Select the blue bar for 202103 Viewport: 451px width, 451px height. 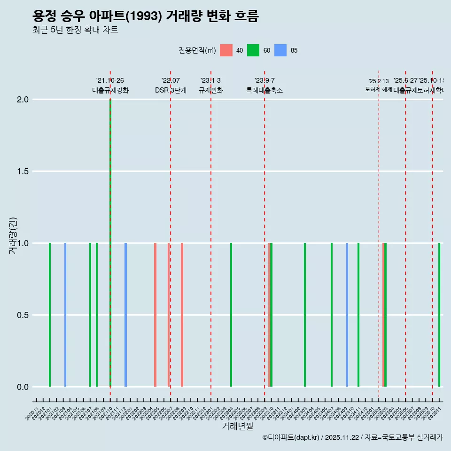click(65, 315)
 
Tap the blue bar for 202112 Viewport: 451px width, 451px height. click(125, 315)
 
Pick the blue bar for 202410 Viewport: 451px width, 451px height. click(347, 315)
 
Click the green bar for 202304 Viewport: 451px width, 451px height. click(231, 315)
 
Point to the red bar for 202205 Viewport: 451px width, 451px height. click(155, 315)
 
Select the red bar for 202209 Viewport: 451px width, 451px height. click(182, 315)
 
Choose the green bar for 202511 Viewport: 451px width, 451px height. click(439, 315)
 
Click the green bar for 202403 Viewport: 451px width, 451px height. click(305, 315)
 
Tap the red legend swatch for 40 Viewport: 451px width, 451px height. click(226, 50)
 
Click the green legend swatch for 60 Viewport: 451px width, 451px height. click(253, 50)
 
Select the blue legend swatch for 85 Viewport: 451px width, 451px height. click(280, 50)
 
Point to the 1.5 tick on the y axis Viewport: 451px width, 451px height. click(22, 171)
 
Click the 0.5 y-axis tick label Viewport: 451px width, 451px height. click(22, 315)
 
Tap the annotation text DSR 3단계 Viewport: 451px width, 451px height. click(171, 91)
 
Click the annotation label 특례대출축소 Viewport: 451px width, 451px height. click(264, 91)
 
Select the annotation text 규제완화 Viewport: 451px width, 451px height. click(211, 91)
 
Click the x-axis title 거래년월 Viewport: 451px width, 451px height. click(238, 427)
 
